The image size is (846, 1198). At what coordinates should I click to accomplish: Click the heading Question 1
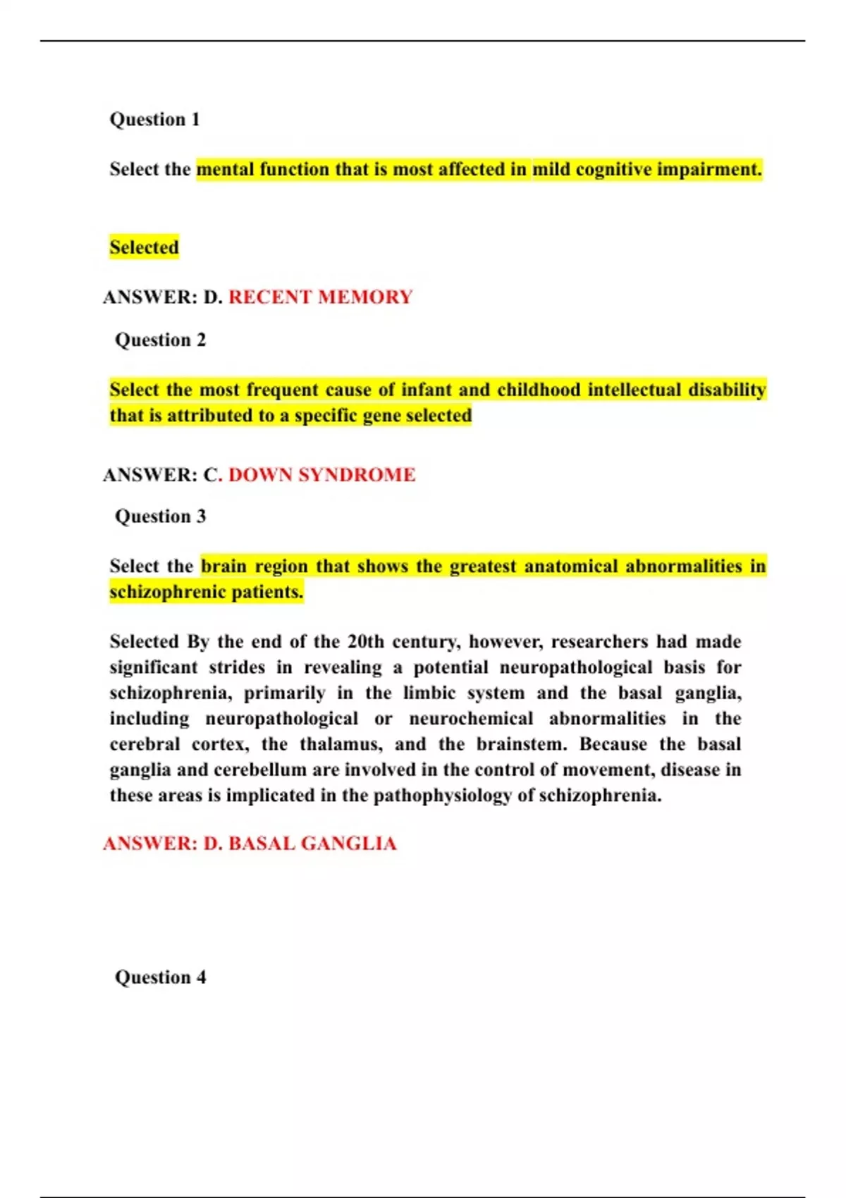click(x=154, y=119)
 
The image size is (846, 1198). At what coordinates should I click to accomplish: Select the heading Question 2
click(x=160, y=340)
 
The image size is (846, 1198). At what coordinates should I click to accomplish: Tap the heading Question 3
click(x=160, y=517)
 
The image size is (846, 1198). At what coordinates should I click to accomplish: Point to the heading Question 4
click(x=160, y=977)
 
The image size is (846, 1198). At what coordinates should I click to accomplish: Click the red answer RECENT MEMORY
click(x=320, y=297)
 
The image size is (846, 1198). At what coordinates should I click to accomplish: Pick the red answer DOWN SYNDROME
click(x=321, y=475)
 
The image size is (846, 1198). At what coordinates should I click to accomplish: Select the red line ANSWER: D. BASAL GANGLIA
click(x=250, y=844)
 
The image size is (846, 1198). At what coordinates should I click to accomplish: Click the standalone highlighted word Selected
click(x=144, y=247)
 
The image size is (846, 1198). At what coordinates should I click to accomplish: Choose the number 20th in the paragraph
click(x=365, y=642)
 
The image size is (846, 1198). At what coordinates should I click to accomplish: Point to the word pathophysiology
click(x=442, y=796)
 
